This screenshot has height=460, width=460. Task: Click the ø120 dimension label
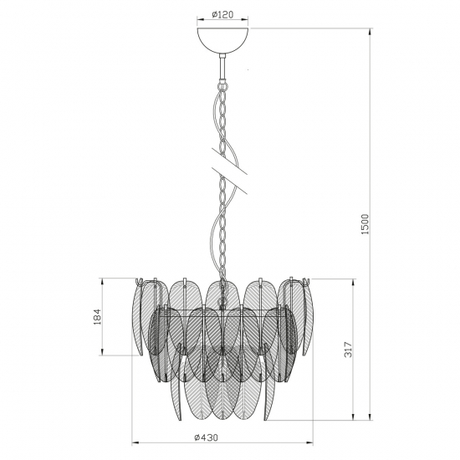coord(222,14)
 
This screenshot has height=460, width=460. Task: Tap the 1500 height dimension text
coord(365,224)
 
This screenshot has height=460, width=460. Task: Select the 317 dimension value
coord(348,350)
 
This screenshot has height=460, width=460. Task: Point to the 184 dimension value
coord(98,316)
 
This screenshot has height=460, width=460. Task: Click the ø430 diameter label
coord(206,437)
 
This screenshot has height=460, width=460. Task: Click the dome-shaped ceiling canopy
coord(223,40)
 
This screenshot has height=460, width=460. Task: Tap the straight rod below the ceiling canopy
coord(223,67)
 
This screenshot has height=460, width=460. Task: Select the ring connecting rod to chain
coord(223,87)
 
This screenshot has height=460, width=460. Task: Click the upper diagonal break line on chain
coord(229,161)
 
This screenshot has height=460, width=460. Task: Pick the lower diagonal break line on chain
coord(229,181)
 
